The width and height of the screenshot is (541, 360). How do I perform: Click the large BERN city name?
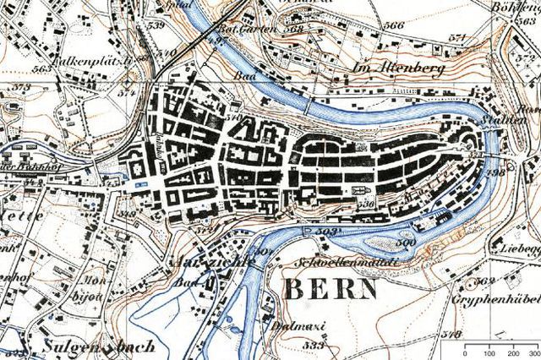(330, 290)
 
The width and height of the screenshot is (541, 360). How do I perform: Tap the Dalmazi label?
(290, 325)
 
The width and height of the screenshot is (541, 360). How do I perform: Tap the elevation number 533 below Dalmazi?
(292, 345)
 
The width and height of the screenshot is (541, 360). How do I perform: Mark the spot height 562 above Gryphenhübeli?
(485, 281)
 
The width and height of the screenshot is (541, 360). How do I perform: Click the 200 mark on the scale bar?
(512, 352)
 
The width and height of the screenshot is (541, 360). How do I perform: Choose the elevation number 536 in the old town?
(365, 205)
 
